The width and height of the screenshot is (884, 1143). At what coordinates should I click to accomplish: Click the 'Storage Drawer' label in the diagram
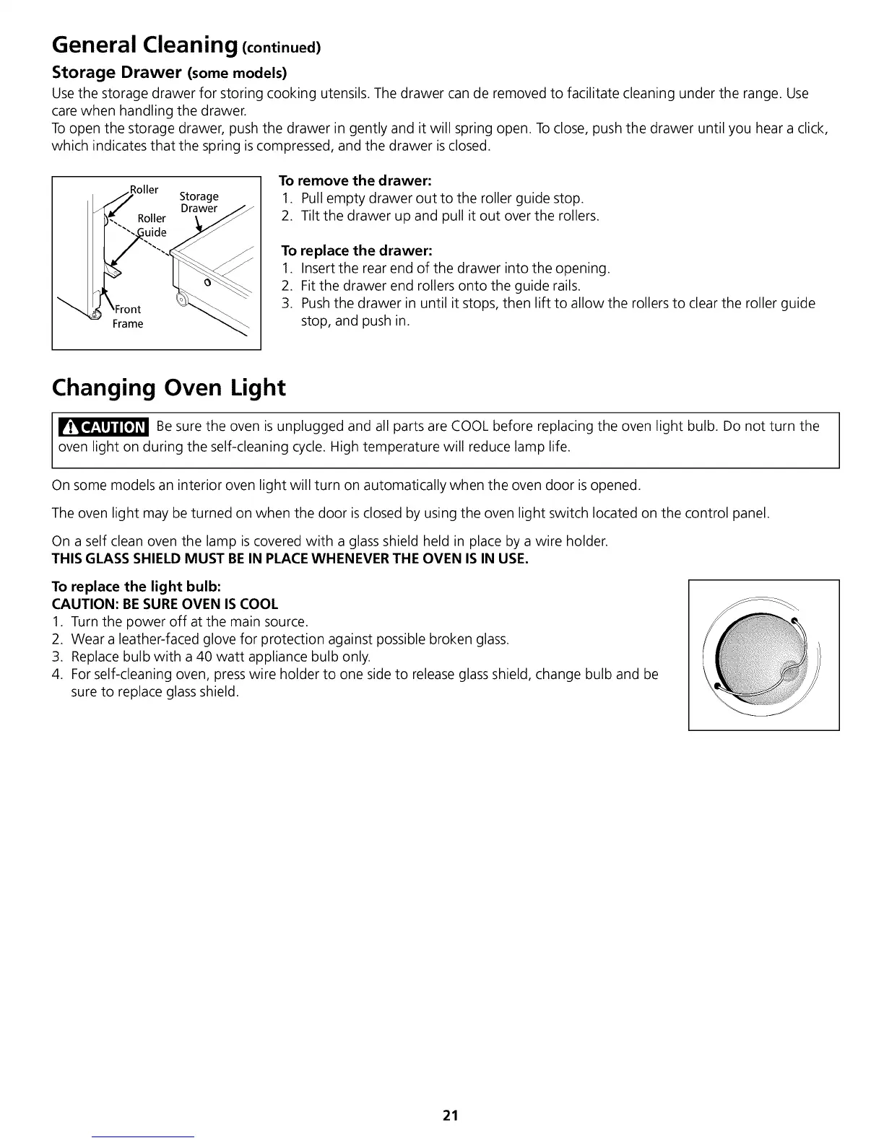click(x=199, y=202)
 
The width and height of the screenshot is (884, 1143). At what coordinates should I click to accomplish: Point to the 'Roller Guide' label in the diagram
click(x=152, y=225)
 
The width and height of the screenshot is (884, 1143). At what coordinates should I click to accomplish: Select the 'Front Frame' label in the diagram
click(x=128, y=316)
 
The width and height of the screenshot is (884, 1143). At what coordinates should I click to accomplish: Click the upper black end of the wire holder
click(x=794, y=620)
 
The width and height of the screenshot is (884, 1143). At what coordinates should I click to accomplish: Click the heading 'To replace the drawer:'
click(x=357, y=250)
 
